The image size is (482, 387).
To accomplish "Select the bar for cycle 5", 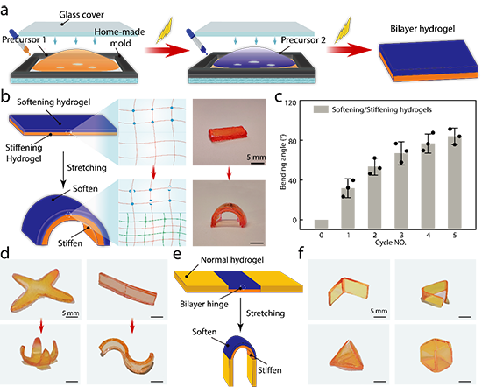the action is click(x=455, y=182).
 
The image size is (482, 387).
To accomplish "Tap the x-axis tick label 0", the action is click(x=322, y=236).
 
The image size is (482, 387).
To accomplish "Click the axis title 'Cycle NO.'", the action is click(x=390, y=243).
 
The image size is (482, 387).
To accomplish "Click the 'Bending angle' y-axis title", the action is click(x=283, y=162).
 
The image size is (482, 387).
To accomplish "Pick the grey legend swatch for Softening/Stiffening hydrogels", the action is click(x=321, y=109).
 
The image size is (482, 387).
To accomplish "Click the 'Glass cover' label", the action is click(x=82, y=14).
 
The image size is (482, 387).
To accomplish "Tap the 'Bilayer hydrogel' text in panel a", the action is click(x=422, y=29).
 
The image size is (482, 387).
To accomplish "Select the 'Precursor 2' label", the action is click(x=303, y=40).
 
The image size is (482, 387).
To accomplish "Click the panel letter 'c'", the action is click(x=279, y=97).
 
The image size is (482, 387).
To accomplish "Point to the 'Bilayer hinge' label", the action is click(x=204, y=305).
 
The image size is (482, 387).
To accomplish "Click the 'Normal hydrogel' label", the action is click(x=232, y=260).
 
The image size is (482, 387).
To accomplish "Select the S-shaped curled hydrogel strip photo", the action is click(x=126, y=355).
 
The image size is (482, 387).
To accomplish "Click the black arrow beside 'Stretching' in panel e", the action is click(x=240, y=316).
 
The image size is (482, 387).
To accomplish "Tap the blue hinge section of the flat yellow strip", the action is click(x=237, y=279).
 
